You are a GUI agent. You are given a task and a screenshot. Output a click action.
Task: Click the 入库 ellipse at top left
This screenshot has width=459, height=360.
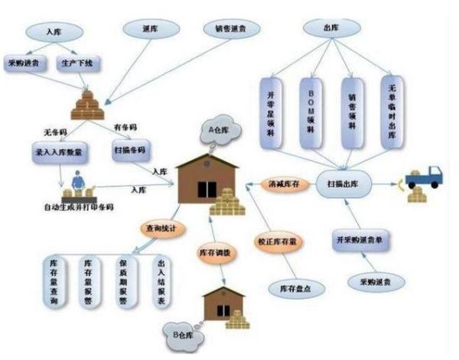54,32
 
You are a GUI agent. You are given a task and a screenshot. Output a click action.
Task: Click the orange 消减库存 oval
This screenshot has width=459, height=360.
284,184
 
